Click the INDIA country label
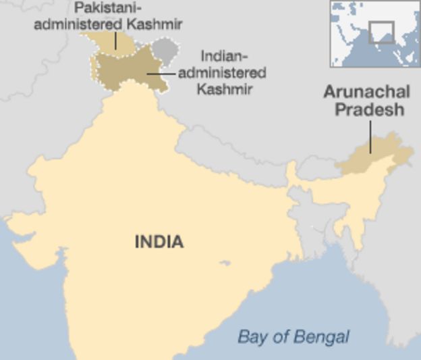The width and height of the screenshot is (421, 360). [x=159, y=241]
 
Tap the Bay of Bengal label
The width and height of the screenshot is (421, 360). [x=293, y=336]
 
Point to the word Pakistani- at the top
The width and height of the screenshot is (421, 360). [x=107, y=8]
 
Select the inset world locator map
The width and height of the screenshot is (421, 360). [x=374, y=33]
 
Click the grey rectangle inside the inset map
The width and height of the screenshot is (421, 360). [x=381, y=32]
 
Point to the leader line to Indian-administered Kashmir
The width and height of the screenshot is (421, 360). [x=162, y=72]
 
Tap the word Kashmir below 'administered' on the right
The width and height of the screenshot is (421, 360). [x=225, y=88]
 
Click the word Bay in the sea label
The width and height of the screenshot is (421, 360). [x=249, y=336]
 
